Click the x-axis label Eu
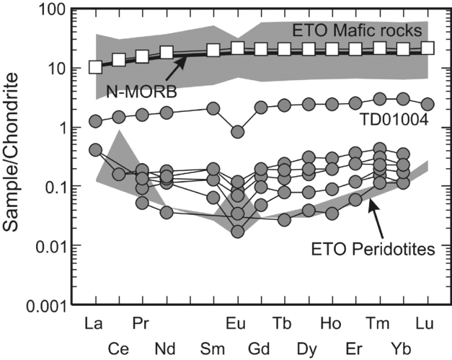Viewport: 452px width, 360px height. pyautogui.click(x=237, y=321)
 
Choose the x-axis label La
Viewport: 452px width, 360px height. pyautogui.click(x=94, y=321)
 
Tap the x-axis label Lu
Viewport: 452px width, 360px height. pyautogui.click(x=427, y=321)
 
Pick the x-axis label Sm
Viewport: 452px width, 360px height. pyautogui.click(x=214, y=346)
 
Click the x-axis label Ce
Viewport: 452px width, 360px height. pyautogui.click(x=119, y=346)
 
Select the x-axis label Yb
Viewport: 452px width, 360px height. pyautogui.click(x=403, y=346)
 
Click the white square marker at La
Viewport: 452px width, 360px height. pyautogui.click(x=95, y=67)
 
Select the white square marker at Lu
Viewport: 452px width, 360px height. pyautogui.click(x=427, y=48)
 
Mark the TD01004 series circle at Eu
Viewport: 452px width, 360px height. pyautogui.click(x=237, y=131)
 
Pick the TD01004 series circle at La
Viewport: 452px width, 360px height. pyautogui.click(x=95, y=121)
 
